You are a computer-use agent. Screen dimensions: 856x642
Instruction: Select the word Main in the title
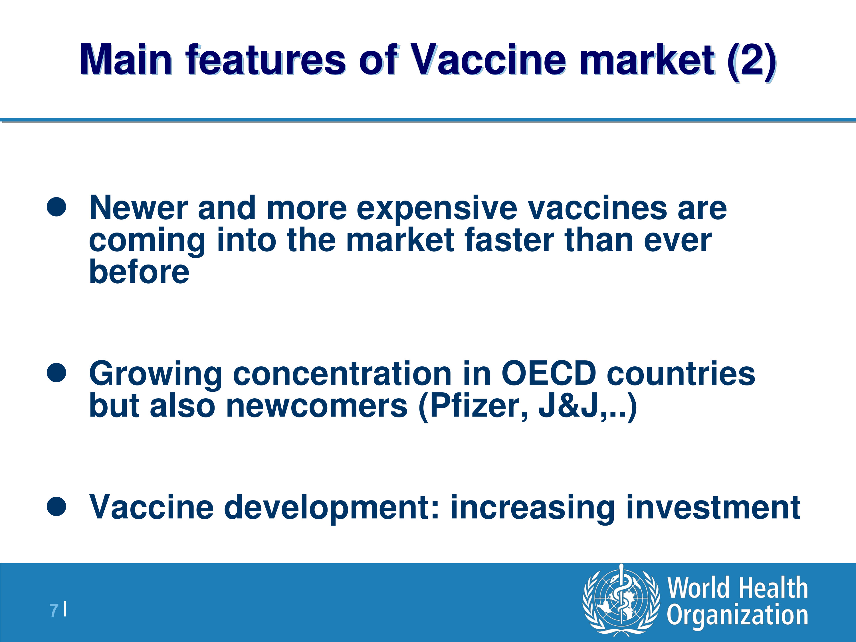[126, 60]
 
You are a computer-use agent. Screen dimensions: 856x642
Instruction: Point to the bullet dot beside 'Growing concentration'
[56, 372]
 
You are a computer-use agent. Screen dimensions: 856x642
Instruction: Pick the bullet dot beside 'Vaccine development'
[56, 506]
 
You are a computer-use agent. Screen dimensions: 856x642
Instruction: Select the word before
[139, 272]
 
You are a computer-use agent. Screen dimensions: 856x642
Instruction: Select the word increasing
[532, 508]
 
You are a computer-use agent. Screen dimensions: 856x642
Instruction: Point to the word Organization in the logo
[737, 615]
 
